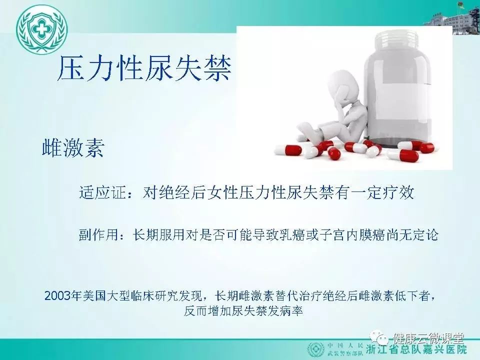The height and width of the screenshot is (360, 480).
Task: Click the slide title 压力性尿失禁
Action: point(144,68)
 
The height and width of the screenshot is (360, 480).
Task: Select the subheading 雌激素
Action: point(73,148)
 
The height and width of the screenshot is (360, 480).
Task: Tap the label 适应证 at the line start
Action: point(102,192)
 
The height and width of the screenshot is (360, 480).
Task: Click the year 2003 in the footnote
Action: point(57,296)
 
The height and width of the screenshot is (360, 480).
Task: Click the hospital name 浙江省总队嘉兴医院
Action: point(416,349)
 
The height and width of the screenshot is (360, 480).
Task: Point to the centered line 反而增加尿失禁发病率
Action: point(243,310)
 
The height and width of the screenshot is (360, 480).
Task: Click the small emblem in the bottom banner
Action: point(315,349)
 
